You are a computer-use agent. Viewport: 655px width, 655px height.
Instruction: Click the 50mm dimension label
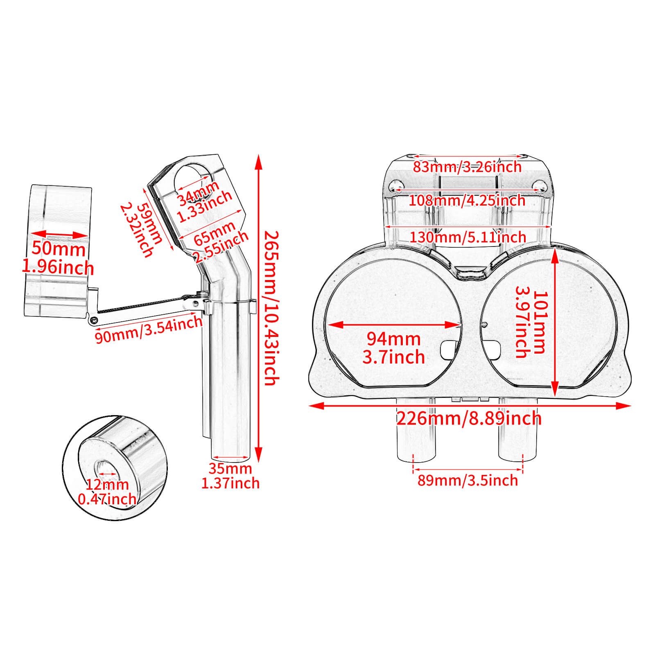(59, 249)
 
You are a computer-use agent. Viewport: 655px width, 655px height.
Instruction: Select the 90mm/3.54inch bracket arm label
(149, 330)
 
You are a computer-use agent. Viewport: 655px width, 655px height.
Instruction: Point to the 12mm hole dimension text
(107, 485)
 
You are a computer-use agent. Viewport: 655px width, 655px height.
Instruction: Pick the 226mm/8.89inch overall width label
(469, 418)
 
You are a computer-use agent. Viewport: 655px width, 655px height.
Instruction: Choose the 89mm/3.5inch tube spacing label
(468, 480)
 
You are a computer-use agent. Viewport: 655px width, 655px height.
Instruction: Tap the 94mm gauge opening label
(393, 339)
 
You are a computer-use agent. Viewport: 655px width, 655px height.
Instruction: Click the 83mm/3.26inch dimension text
(467, 167)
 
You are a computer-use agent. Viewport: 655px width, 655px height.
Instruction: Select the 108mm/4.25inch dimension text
(467, 200)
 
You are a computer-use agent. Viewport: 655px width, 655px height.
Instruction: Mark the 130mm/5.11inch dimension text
(468, 237)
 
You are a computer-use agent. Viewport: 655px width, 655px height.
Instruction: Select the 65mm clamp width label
(215, 233)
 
